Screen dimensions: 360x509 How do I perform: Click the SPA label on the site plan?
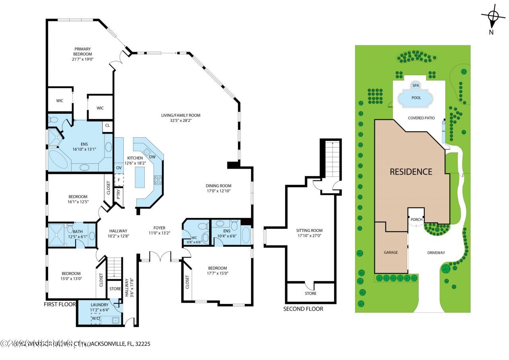pos(416,86)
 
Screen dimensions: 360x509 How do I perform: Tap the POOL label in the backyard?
pos(416,97)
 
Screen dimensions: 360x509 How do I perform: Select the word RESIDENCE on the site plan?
pos(411,172)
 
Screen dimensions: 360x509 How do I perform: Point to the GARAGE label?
pos(390,253)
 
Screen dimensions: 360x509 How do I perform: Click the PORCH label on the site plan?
pos(416,220)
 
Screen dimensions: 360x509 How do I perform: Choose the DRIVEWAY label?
pos(436,253)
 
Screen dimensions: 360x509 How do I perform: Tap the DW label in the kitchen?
pos(152,157)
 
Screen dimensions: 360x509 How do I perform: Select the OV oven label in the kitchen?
pos(119,168)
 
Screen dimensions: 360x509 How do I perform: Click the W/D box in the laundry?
pos(96,318)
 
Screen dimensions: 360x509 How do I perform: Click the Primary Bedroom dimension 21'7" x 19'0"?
pos(82,59)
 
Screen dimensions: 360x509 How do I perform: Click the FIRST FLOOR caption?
pos(60,304)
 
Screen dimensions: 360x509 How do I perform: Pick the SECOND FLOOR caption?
pos(303,309)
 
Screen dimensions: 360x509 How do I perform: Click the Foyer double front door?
pos(160,257)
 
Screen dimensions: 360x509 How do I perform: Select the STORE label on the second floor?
pos(311,294)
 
